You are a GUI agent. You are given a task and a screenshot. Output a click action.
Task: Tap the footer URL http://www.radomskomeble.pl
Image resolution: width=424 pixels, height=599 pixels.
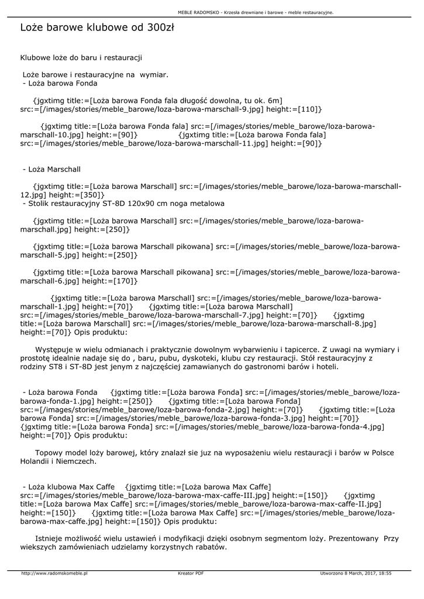tap(54, 573)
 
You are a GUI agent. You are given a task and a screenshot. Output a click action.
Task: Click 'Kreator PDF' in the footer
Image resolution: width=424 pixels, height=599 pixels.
tap(191, 573)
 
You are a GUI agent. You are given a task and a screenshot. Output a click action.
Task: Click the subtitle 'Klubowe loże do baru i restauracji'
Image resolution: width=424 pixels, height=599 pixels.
tap(81, 58)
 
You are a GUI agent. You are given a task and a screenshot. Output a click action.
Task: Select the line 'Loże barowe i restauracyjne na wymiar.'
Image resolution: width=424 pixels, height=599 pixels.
tap(95, 75)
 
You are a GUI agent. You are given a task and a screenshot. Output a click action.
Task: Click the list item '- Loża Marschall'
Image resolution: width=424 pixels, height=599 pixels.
tap(51, 169)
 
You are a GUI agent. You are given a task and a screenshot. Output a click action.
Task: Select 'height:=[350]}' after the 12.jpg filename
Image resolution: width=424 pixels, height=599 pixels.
tap(77, 195)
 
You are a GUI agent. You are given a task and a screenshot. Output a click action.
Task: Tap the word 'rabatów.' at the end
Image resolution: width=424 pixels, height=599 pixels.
tap(208, 548)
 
